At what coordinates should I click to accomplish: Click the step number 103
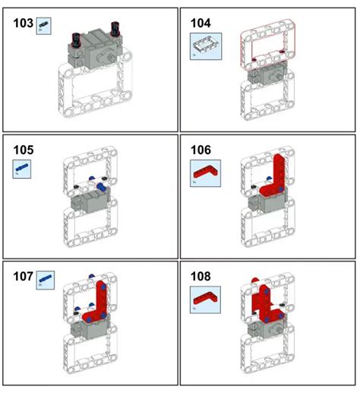[24, 24]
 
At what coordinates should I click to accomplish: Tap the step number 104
[201, 23]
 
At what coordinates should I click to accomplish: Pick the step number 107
[24, 277]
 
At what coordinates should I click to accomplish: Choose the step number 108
[201, 277]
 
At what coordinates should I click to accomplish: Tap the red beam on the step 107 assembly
[101, 304]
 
